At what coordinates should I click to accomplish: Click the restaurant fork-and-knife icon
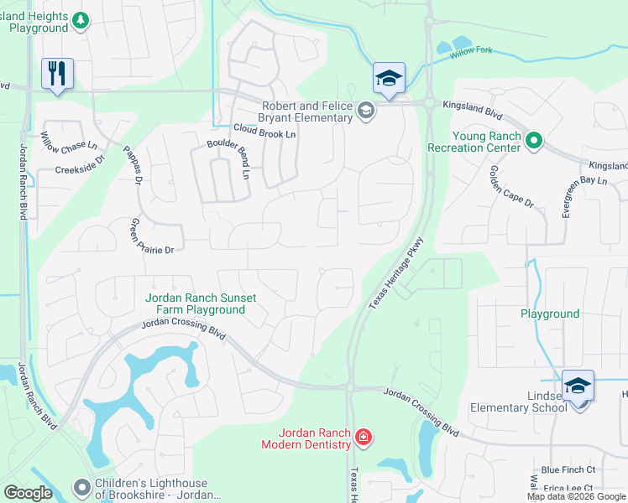click(x=57, y=73)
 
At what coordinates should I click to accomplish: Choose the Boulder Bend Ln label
click(x=229, y=158)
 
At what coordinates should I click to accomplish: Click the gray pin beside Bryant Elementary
click(x=365, y=111)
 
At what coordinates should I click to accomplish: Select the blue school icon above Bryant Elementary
click(x=389, y=79)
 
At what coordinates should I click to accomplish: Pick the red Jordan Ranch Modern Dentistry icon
click(x=363, y=437)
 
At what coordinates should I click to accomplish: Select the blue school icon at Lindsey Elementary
click(x=578, y=386)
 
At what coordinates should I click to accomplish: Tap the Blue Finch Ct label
click(x=568, y=470)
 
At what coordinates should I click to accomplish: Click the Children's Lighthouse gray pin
click(x=81, y=486)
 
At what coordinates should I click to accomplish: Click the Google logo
click(x=29, y=493)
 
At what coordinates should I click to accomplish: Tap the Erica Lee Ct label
click(x=568, y=489)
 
